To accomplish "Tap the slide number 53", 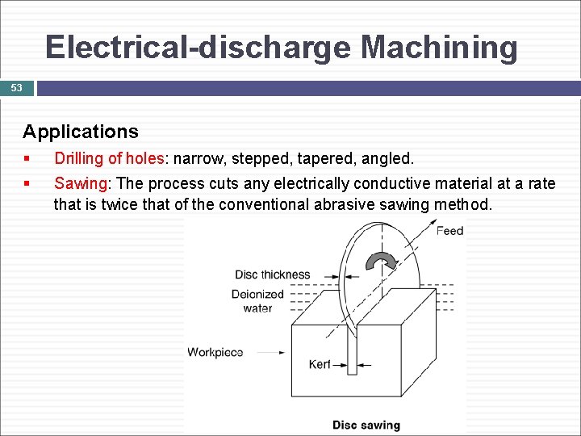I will (x=16, y=87).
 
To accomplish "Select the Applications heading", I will (x=80, y=132).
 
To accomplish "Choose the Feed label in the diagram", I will (x=449, y=231).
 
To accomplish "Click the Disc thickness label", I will (x=272, y=275).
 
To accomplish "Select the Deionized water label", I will (x=257, y=301).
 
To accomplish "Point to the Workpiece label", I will (x=215, y=352).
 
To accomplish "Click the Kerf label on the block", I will (x=320, y=364).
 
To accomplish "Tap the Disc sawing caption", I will (x=366, y=425).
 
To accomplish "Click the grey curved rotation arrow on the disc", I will (x=382, y=262).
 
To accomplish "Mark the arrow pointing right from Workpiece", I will (x=273, y=352).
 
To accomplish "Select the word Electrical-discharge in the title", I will (x=198, y=48).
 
